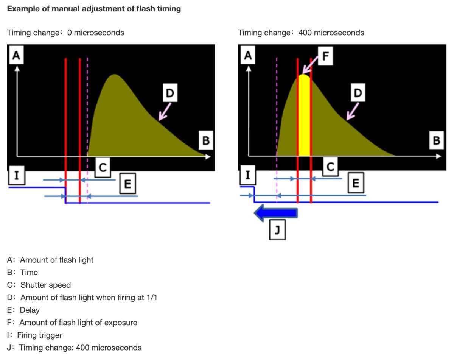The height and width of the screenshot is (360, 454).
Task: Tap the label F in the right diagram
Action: [x=326, y=57]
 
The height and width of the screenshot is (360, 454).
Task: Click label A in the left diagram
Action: [x=16, y=56]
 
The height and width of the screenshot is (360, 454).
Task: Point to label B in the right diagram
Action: [x=436, y=141]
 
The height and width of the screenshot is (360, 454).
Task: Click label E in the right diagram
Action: [x=356, y=183]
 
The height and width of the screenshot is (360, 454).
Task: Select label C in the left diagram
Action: [x=102, y=167]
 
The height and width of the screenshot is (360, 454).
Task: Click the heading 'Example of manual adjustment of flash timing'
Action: [x=94, y=9]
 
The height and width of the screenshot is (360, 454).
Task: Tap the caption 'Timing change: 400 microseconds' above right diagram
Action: [x=301, y=33]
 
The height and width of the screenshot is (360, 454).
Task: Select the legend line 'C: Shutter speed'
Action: [x=39, y=285]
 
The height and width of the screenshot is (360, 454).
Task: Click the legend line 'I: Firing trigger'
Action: [x=34, y=335]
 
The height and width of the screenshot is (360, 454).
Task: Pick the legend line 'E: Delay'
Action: [x=23, y=310]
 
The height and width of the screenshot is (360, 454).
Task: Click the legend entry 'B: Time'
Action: [x=23, y=272]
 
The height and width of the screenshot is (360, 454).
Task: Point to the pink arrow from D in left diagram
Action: [x=165, y=112]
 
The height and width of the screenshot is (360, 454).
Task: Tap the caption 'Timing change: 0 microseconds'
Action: [x=65, y=33]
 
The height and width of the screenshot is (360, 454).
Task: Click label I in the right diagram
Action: [x=248, y=175]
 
